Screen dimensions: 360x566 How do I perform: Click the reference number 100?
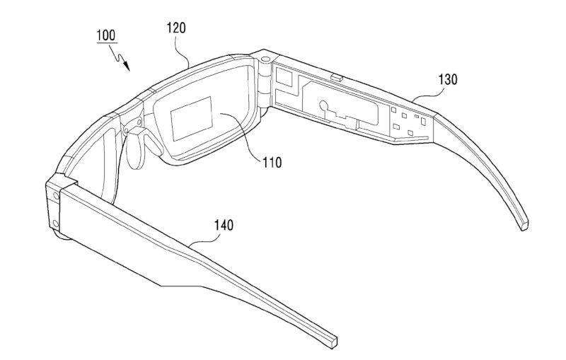tap(105, 35)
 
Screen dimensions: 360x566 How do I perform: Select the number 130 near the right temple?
tap(448, 79)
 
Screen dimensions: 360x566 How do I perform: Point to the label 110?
tap(271, 163)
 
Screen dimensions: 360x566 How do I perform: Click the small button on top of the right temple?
tap(336, 73)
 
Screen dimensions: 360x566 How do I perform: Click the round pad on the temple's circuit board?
tap(323, 107)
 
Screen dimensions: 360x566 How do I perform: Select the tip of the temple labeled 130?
tap(524, 226)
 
